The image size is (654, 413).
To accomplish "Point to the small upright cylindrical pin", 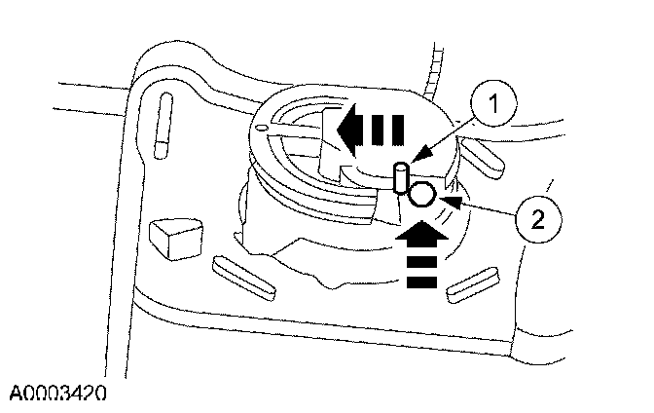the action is click(400, 181).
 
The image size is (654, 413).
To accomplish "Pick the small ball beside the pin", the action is click(420, 194).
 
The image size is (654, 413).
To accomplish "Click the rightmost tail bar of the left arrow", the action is click(393, 130).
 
